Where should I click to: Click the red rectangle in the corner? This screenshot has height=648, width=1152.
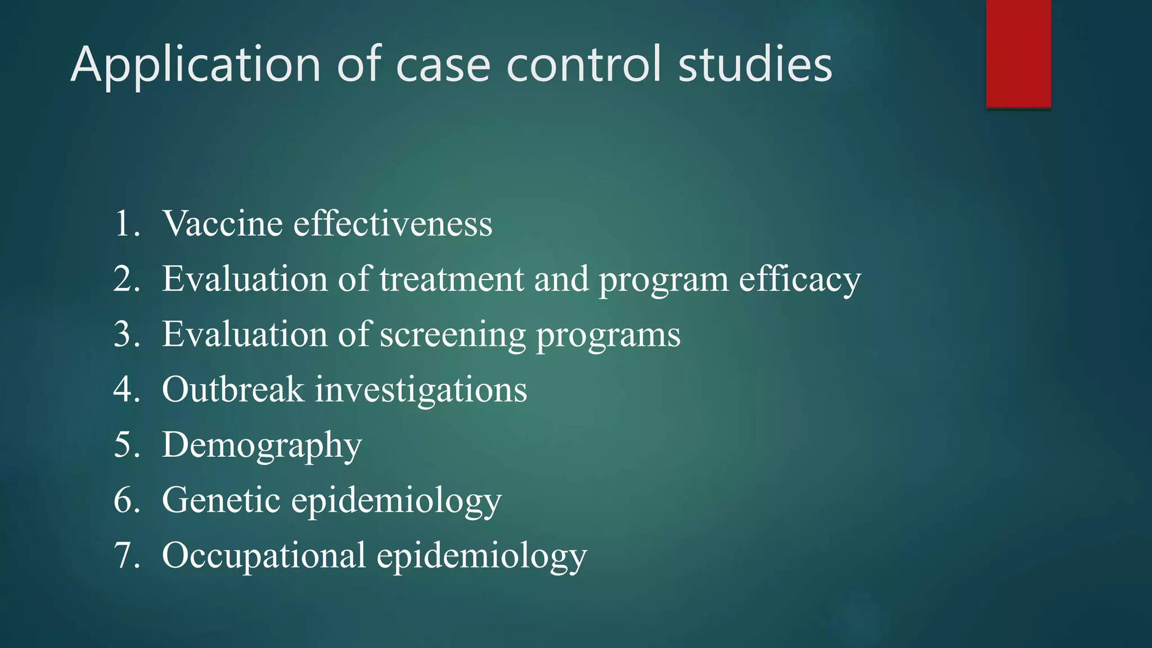tap(1018, 53)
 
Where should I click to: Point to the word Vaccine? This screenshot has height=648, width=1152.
tap(223, 223)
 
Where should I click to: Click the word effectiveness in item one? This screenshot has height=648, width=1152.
tap(393, 223)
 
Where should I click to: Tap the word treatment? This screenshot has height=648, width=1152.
tap(451, 279)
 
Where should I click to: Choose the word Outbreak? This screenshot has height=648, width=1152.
tap(233, 389)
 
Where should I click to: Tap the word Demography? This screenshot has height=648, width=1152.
tap(262, 445)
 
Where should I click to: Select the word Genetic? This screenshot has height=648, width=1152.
tap(221, 499)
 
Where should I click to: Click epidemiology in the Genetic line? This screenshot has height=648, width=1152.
tap(396, 501)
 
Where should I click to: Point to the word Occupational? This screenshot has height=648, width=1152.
tap(264, 556)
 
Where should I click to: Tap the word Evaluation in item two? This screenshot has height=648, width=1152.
tap(245, 279)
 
